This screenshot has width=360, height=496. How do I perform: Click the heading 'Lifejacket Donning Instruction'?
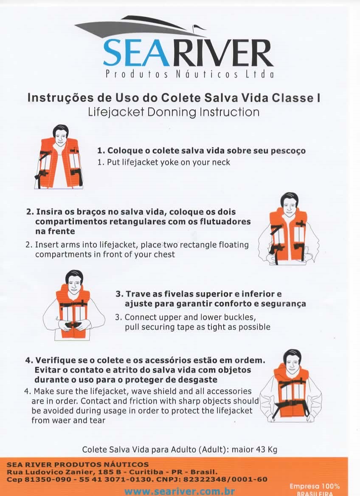[174, 112]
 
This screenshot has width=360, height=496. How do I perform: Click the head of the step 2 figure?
[289, 203]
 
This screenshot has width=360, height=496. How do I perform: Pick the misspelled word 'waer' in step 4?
[62, 420]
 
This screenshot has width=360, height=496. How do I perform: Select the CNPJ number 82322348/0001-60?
[225, 479]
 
